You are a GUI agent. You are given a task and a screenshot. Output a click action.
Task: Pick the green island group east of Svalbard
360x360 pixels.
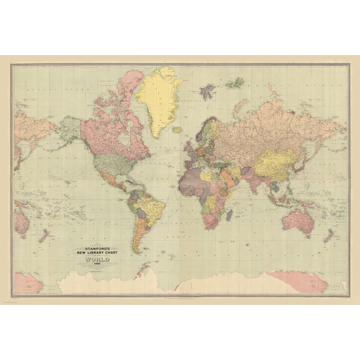click(237, 83)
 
